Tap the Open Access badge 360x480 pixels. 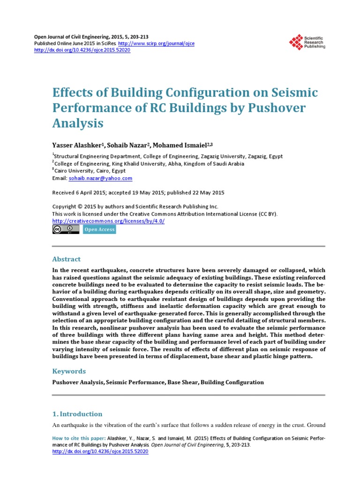point(99,230)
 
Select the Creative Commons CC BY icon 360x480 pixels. point(66,229)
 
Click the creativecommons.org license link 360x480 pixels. point(108,221)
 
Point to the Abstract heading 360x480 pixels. point(66,259)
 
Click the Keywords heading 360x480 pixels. point(69,371)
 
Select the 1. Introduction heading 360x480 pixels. point(77,414)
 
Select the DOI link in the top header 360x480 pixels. point(83,50)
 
